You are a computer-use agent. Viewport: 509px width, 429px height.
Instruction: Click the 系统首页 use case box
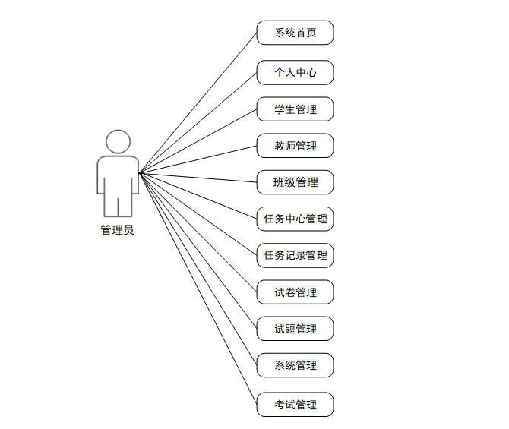click(x=295, y=33)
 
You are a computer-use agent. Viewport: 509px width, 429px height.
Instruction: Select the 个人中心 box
click(x=295, y=73)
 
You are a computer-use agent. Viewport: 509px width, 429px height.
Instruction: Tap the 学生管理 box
click(x=295, y=109)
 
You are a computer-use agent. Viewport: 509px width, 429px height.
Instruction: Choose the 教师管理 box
click(x=295, y=146)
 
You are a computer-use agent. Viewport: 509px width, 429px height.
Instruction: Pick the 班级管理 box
click(x=295, y=182)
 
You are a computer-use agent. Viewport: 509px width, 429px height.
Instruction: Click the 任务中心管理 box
click(x=295, y=219)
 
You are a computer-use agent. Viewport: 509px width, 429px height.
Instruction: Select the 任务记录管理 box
click(x=295, y=256)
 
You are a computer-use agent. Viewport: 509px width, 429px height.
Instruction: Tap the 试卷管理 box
click(x=295, y=292)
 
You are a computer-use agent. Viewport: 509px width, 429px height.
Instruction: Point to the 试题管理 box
click(x=295, y=329)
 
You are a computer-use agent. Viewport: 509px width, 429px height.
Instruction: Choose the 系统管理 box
click(x=295, y=365)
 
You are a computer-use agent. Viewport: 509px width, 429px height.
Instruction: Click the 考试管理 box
click(x=295, y=405)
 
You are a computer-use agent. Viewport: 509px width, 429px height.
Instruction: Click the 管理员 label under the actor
click(x=118, y=230)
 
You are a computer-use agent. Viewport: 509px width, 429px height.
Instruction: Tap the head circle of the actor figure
click(x=118, y=141)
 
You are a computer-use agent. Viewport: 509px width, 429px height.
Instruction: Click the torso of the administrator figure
click(x=118, y=173)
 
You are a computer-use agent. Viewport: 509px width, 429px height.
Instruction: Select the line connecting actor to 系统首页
click(x=198, y=103)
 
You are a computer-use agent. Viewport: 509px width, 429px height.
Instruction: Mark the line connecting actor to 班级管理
click(x=198, y=178)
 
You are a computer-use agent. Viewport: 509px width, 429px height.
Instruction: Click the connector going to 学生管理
click(x=198, y=141)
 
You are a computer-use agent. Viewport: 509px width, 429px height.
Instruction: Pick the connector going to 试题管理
click(x=198, y=251)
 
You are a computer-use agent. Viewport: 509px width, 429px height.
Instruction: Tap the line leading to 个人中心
click(x=198, y=123)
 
